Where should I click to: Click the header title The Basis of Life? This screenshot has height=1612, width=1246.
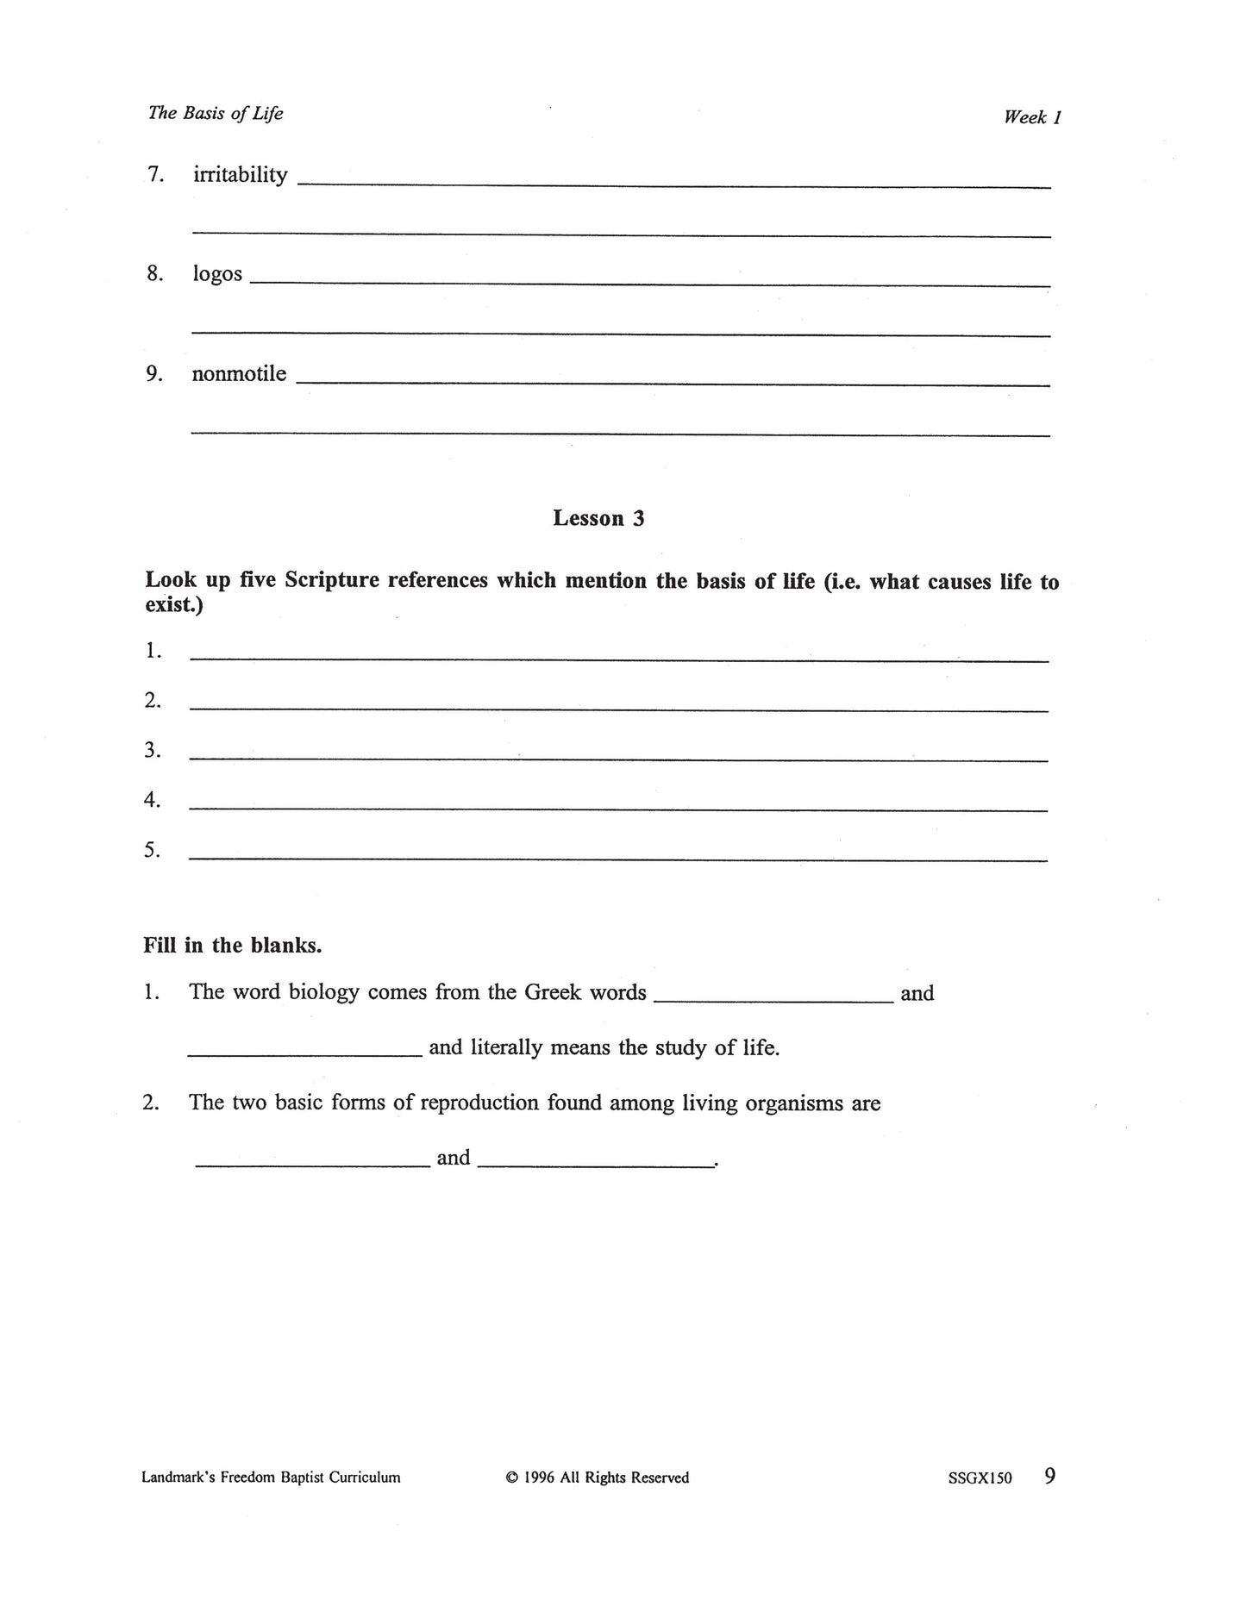(x=216, y=113)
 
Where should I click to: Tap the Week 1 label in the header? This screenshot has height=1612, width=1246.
(x=1031, y=117)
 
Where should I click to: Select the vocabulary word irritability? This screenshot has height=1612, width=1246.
(x=240, y=175)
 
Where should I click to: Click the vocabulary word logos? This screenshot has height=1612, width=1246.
(x=217, y=275)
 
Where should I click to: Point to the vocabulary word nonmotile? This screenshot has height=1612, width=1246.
(x=239, y=374)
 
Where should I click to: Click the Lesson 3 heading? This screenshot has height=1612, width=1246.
(x=598, y=518)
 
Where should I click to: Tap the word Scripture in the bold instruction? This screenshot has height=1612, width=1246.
(x=332, y=580)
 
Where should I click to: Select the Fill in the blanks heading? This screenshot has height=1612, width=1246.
(x=232, y=946)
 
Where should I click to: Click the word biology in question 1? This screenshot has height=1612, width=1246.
(x=323, y=993)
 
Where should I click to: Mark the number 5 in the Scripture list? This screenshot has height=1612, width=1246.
(x=152, y=851)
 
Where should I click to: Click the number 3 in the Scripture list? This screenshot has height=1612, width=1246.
(x=152, y=751)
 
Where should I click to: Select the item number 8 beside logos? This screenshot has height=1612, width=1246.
(x=153, y=274)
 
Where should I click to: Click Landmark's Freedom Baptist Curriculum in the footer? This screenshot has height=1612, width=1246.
(x=271, y=1478)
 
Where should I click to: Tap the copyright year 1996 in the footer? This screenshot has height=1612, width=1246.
(x=539, y=1478)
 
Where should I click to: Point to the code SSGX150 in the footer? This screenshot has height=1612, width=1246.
(x=979, y=1478)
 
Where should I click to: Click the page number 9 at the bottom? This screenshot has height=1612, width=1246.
(x=1049, y=1476)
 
